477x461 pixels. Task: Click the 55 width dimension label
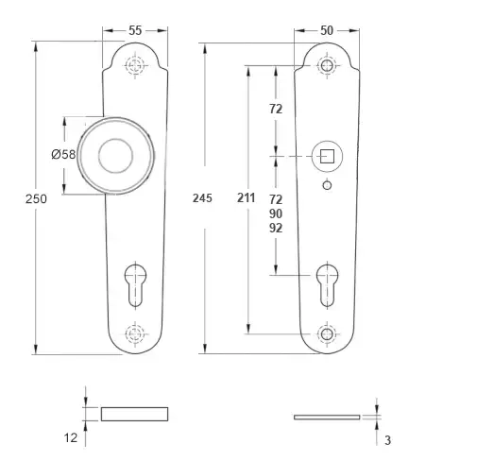coord(135,30)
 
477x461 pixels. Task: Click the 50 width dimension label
coord(327,30)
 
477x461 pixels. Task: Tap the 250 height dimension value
coord(36,199)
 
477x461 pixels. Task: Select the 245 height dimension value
coord(202,198)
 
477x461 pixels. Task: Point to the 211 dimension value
coord(247,197)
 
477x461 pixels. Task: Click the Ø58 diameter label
coord(63,154)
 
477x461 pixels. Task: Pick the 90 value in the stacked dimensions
coord(276,213)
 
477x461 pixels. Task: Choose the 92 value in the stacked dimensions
coord(276,228)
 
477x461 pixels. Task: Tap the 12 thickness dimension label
coord(71,437)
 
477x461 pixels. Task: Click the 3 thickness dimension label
coord(387,440)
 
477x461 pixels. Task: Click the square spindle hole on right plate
coord(327,156)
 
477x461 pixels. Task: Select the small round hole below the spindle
coord(327,185)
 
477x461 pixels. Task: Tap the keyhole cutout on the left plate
coord(135,285)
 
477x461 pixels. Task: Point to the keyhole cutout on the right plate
coord(327,285)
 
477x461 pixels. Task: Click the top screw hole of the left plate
coord(135,65)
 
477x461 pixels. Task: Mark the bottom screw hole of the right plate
coord(327,333)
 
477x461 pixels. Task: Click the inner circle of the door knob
coord(115,156)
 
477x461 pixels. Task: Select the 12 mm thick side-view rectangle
coord(134,414)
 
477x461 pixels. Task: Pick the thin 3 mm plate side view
coord(327,418)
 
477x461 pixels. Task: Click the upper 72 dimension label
coord(276,109)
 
